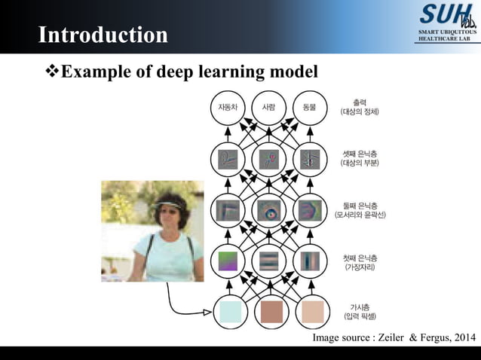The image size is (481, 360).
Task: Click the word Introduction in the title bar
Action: click(103, 35)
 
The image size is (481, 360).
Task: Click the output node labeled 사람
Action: click(268, 107)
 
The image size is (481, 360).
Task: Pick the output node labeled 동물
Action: click(309, 107)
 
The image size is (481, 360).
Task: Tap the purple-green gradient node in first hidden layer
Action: click(227, 261)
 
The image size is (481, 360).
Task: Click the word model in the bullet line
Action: click(290, 72)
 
